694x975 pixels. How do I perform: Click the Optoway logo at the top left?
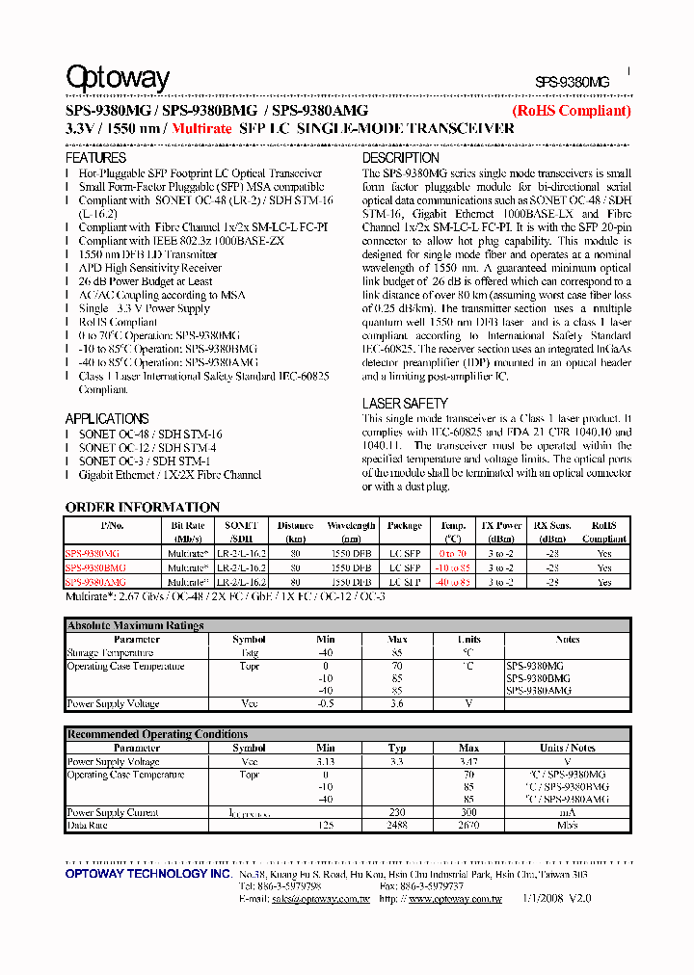(118, 78)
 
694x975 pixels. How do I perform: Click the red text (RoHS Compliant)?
(571, 111)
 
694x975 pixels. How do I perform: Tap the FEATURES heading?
(95, 157)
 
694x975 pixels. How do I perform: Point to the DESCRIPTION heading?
(400, 157)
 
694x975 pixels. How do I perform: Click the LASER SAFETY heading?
(405, 404)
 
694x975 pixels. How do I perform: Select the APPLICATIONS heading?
(107, 418)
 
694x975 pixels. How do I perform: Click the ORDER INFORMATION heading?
(143, 507)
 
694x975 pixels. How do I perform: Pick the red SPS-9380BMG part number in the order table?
(95, 568)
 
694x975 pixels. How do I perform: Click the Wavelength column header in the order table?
(351, 526)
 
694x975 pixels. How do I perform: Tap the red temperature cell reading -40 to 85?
(453, 582)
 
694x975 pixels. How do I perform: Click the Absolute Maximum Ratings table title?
(136, 625)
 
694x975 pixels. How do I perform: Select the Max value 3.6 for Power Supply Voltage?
(397, 704)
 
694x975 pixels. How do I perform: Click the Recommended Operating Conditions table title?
(157, 734)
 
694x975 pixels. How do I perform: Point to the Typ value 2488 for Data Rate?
(397, 826)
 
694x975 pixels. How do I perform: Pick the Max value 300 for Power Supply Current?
(468, 812)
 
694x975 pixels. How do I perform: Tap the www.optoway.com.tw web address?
(455, 898)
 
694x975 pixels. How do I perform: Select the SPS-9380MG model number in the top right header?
(573, 84)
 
